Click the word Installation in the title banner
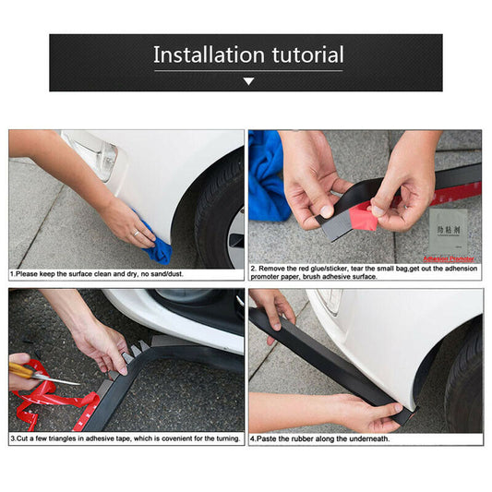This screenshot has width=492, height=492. coord(209,54)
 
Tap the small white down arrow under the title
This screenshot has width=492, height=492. coord(247,81)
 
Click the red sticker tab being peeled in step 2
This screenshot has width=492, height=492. coord(362,218)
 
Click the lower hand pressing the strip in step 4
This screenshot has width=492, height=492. coord(369,411)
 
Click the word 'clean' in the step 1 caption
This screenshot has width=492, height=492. coord(124,274)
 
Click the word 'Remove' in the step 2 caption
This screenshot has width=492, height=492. coord(274,269)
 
